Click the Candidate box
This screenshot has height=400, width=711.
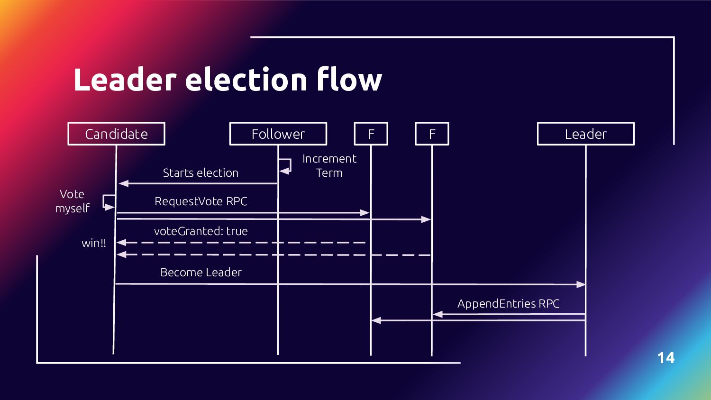pyautogui.click(x=116, y=134)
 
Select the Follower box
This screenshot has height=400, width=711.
pyautogui.click(x=278, y=134)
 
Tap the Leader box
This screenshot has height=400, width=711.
pyautogui.click(x=585, y=134)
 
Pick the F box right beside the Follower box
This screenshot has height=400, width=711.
pyautogui.click(x=371, y=134)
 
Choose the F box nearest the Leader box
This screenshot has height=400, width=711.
pyautogui.click(x=432, y=134)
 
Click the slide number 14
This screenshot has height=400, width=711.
pyautogui.click(x=665, y=358)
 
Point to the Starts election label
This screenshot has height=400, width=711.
pyautogui.click(x=201, y=173)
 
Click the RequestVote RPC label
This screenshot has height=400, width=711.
pyautogui.click(x=201, y=201)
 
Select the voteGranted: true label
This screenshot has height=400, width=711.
pyautogui.click(x=201, y=231)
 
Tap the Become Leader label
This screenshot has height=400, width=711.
pyautogui.click(x=201, y=273)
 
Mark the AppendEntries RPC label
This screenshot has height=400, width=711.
pyautogui.click(x=508, y=304)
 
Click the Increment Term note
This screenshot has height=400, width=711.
pyautogui.click(x=329, y=166)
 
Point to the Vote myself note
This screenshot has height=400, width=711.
pyautogui.click(x=72, y=201)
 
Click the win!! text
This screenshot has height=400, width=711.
pyautogui.click(x=94, y=243)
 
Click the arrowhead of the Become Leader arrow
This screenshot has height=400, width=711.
pyautogui.click(x=581, y=285)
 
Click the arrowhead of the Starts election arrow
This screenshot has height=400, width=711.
pyautogui.click(x=123, y=183)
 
